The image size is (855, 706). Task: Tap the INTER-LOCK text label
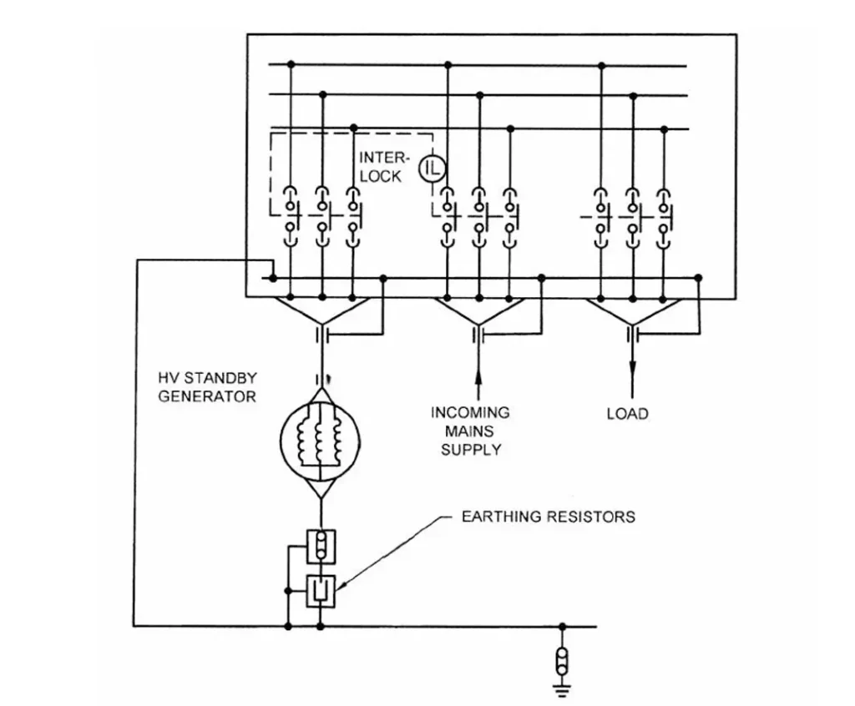[x=381, y=167]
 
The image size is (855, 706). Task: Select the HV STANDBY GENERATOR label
[x=207, y=387]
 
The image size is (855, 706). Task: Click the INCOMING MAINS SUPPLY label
[x=471, y=431]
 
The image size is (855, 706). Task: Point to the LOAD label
[x=627, y=414]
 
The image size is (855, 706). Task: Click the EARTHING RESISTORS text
[x=548, y=517]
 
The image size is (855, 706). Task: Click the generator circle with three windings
[x=321, y=433]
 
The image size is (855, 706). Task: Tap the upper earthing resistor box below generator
[x=321, y=547]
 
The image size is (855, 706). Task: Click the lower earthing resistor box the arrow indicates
[x=321, y=591]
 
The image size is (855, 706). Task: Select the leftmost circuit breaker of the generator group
[x=291, y=214]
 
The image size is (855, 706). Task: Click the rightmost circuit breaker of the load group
[x=664, y=214]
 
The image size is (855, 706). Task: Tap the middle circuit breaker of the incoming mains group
[x=478, y=214]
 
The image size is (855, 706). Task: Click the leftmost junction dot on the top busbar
[x=291, y=64]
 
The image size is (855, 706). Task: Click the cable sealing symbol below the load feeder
[x=632, y=334]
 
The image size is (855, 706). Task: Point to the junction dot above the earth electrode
[x=562, y=626]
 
